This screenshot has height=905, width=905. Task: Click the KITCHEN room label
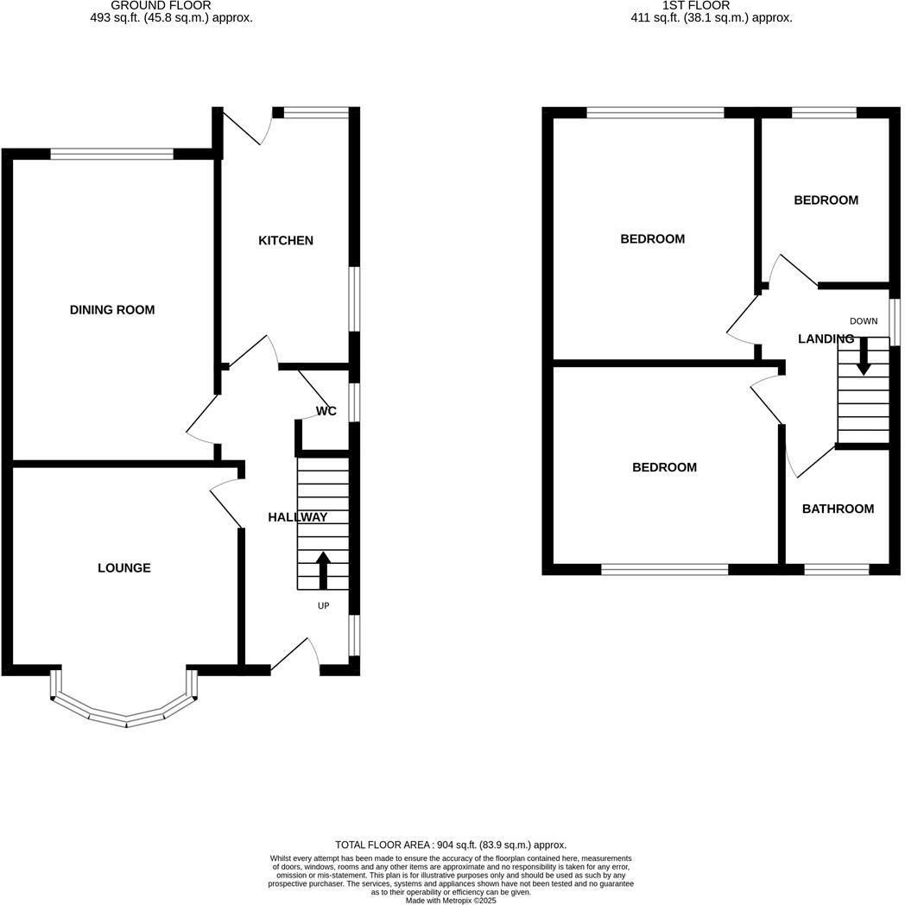[x=286, y=240]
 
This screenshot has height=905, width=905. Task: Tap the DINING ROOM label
[x=112, y=309]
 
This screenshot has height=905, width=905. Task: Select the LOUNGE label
[x=123, y=567]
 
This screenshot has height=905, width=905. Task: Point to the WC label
[x=326, y=411]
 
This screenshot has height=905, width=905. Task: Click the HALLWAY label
[x=297, y=517]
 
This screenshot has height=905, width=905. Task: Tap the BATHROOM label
[x=838, y=509]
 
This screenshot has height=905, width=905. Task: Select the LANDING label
[x=826, y=339]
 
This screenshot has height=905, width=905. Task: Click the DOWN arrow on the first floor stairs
[x=863, y=357]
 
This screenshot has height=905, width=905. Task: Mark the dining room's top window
[x=111, y=155]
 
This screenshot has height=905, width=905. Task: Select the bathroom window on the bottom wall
[x=836, y=569]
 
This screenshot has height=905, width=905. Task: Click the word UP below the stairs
[x=324, y=606]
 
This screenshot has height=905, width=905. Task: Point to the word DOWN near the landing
[x=863, y=321]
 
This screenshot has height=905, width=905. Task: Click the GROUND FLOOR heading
[x=161, y=5]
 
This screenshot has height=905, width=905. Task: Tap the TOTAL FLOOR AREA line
[x=451, y=845]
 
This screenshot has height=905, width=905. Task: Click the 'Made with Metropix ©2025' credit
[x=451, y=900]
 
